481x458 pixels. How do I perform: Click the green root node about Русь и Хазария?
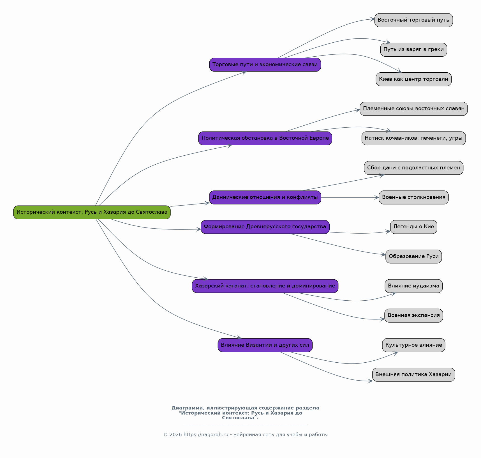point(92,212)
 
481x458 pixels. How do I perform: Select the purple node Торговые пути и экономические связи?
point(265,65)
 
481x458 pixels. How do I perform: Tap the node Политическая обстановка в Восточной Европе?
point(265,138)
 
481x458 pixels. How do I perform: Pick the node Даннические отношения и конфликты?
point(265,197)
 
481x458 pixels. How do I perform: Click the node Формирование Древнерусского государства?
point(265,227)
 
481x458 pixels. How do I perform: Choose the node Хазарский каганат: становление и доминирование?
point(265,286)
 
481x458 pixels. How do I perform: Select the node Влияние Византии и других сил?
point(265,345)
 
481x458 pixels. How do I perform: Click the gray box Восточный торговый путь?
point(414,20)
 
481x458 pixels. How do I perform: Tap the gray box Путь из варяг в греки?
point(414,50)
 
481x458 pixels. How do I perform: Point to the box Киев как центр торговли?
point(414,79)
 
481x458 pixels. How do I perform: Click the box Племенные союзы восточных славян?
point(414,109)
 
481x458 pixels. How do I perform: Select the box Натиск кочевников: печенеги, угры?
point(414,138)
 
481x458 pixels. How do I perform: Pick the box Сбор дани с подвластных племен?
point(414,168)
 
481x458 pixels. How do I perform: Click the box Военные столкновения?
point(414,197)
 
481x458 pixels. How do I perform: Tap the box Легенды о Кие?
point(414,227)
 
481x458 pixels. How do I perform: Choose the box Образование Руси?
point(414,257)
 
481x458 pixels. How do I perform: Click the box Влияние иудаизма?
point(414,286)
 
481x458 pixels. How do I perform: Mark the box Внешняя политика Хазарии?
point(414,375)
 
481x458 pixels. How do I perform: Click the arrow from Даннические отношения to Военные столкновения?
point(350,197)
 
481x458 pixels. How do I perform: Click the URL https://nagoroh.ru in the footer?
point(206,435)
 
